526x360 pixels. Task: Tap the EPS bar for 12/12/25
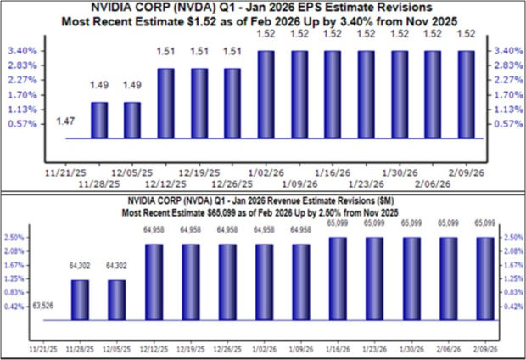click(x=165, y=104)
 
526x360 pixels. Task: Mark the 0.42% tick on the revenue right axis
click(x=512, y=307)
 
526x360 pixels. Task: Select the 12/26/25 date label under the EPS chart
click(x=232, y=182)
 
